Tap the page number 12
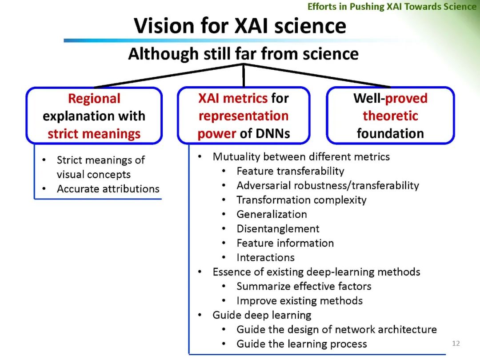point(456,343)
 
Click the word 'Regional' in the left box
point(94,98)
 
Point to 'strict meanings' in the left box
point(94,134)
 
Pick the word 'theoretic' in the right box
point(390,116)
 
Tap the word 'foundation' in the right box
point(390,133)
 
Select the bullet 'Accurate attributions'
point(108,189)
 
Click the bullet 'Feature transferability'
point(290,171)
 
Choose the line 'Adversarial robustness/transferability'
point(328,185)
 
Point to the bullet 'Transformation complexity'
point(301,200)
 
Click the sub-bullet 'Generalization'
point(272,214)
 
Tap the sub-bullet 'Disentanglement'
point(278,229)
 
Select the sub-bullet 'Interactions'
point(265,258)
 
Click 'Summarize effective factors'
point(304,286)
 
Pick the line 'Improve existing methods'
point(300,301)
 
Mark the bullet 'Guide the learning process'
point(302,344)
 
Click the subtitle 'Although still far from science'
point(243,54)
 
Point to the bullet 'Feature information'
point(285,243)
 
